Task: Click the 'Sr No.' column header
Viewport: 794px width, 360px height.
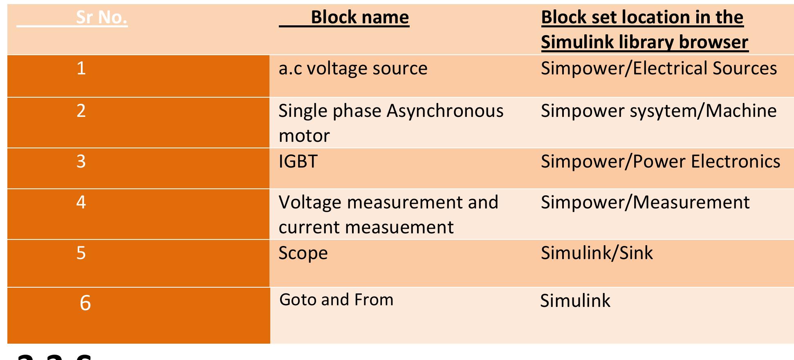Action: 101,18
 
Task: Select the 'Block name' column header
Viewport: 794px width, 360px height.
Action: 360,18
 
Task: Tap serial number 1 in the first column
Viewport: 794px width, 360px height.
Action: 81,68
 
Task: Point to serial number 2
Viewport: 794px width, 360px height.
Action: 81,111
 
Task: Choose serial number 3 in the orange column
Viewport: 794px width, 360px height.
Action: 81,161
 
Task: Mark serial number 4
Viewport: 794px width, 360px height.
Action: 81,202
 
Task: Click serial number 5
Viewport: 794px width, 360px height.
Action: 81,253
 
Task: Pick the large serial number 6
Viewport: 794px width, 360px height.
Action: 85,303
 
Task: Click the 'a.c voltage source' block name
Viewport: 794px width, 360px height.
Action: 353,68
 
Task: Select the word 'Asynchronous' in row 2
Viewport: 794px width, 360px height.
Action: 445,111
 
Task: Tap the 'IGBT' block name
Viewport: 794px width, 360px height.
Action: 298,161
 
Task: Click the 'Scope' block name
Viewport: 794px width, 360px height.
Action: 303,253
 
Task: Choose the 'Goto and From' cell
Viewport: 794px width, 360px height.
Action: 336,300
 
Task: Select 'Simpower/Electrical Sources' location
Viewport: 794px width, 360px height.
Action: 659,68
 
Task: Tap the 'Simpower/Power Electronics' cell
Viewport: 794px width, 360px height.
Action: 660,161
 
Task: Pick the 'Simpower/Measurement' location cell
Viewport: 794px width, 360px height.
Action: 645,202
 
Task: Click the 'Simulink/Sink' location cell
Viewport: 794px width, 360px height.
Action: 597,253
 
